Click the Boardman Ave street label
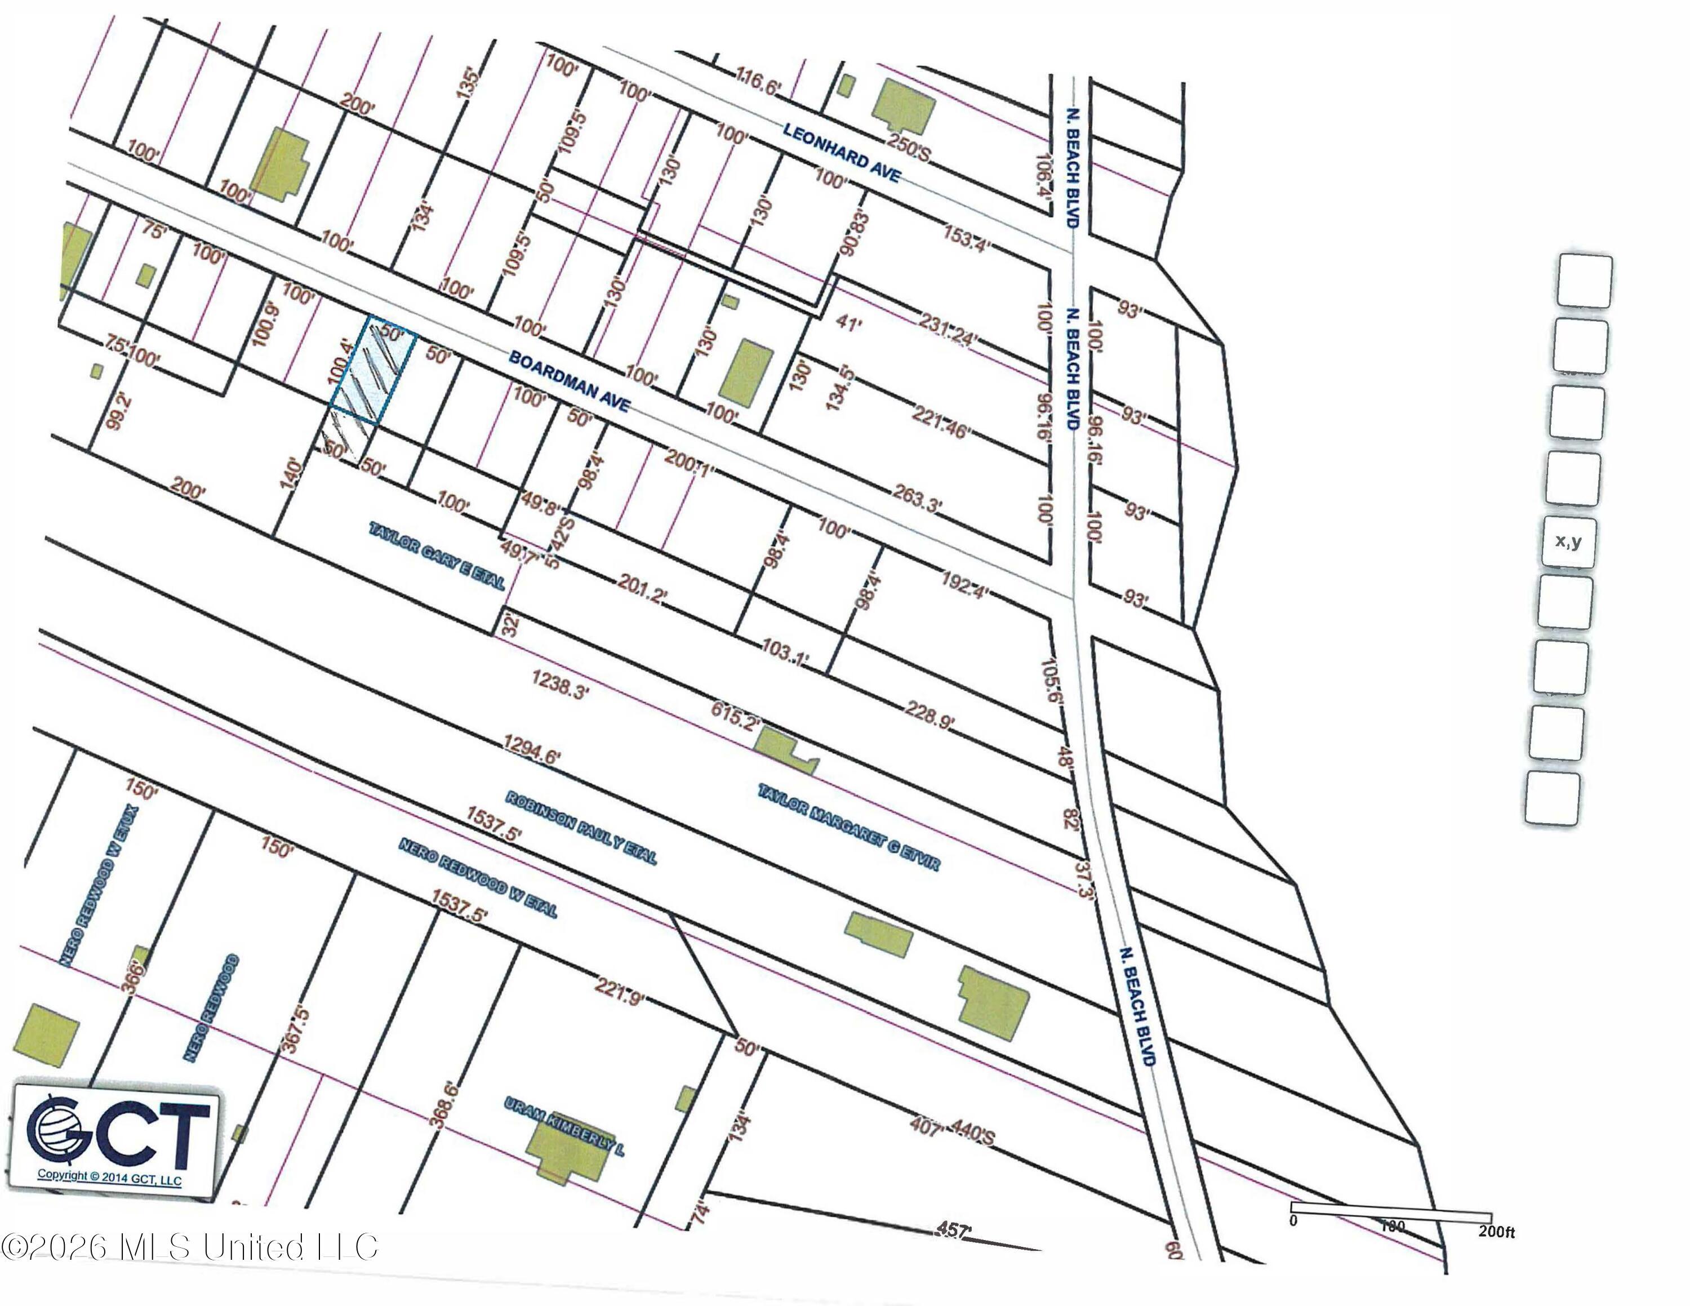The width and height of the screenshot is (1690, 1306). (x=569, y=381)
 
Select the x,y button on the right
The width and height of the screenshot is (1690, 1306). (x=1568, y=541)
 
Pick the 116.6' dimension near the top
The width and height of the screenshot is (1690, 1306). (x=757, y=81)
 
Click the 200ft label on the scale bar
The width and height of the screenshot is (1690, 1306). (x=1496, y=1231)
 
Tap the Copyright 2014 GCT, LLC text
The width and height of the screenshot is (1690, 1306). (x=109, y=1178)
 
